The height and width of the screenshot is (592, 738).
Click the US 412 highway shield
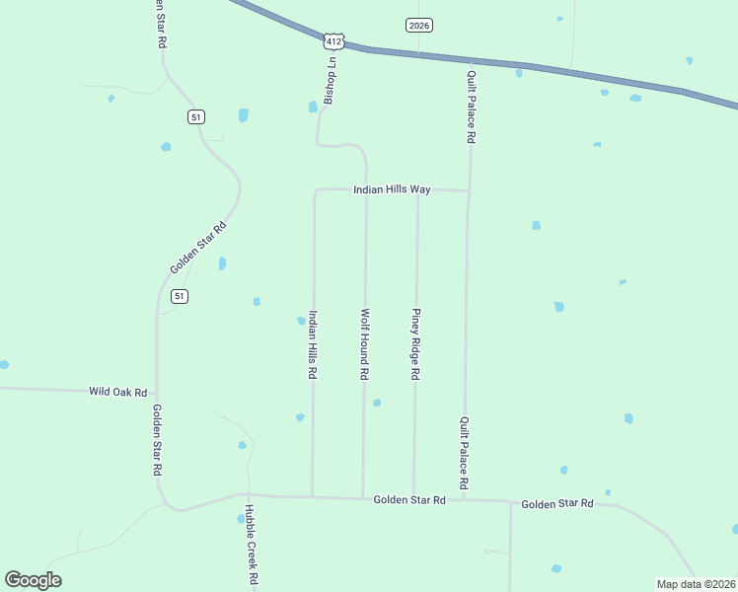(x=333, y=40)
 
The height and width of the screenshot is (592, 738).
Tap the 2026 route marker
(x=419, y=25)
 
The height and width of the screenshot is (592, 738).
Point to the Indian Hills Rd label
(x=313, y=345)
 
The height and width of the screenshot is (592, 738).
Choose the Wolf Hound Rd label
(x=364, y=344)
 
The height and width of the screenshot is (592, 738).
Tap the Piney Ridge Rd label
(x=416, y=344)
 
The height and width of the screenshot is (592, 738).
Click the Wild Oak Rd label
(x=117, y=392)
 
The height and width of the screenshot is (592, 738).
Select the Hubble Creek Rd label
(x=251, y=543)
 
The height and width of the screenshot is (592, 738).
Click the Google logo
(x=33, y=580)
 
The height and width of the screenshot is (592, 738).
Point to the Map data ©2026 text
(x=696, y=584)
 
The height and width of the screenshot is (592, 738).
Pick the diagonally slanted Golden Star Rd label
(x=198, y=248)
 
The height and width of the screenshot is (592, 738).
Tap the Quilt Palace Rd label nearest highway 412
(x=472, y=107)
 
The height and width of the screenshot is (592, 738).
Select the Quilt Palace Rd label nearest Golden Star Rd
(x=463, y=453)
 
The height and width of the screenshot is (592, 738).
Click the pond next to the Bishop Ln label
(x=313, y=107)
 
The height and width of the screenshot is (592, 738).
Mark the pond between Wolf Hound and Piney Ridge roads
(x=377, y=403)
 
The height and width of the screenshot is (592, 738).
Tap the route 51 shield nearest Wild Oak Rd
(x=179, y=296)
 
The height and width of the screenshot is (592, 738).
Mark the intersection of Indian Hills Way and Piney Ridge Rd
(x=417, y=189)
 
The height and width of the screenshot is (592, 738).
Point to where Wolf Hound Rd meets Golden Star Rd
(x=363, y=497)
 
